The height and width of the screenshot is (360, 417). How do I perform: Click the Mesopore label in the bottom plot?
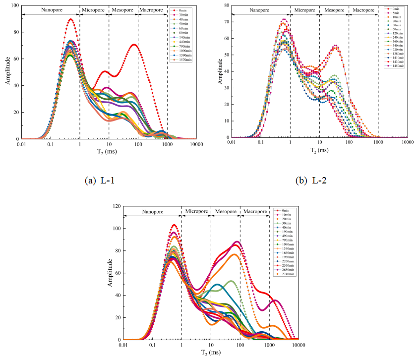tap(226, 211)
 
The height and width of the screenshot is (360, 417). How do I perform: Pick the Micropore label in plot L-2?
tap(305, 9)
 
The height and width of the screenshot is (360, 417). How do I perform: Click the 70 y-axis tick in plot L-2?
tap(226, 22)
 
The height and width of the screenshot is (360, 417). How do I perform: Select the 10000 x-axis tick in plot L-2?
tap(408, 142)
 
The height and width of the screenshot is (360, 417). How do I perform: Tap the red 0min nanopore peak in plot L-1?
tap(71, 19)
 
